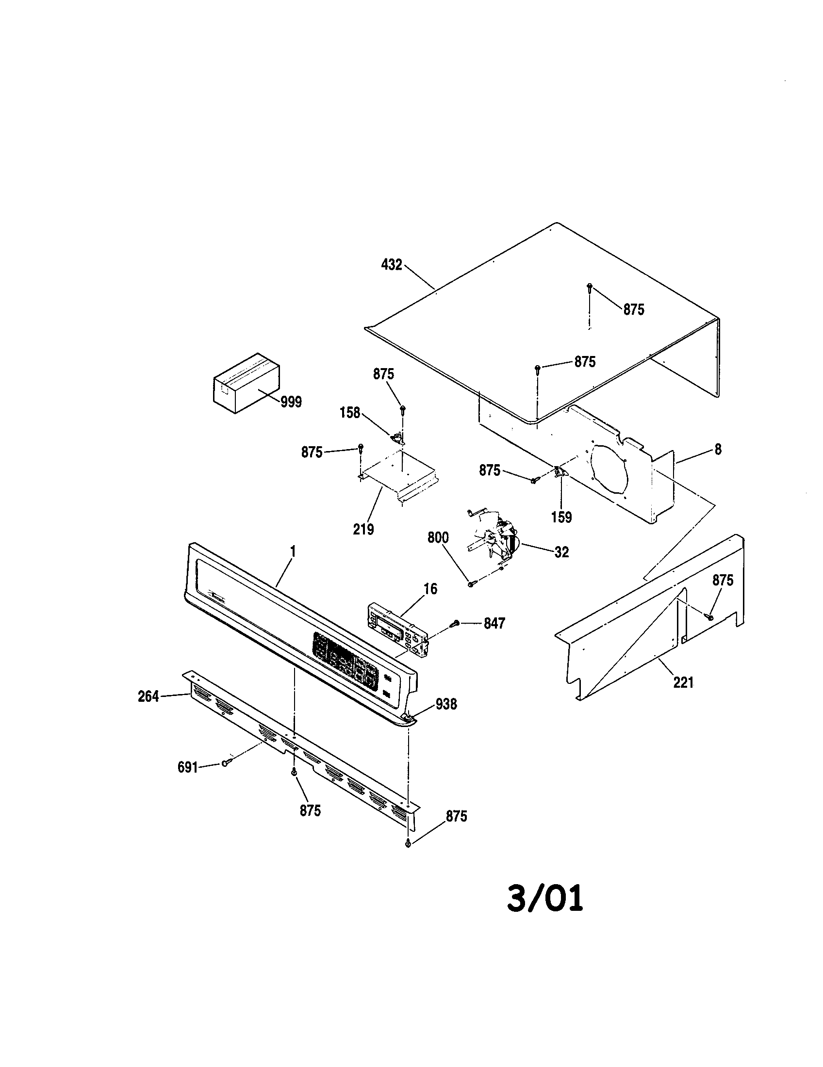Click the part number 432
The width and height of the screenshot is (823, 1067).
pyautogui.click(x=392, y=265)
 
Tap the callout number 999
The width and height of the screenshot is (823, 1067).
pyautogui.click(x=291, y=402)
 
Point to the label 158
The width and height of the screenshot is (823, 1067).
pyautogui.click(x=350, y=413)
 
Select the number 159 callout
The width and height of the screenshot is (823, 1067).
pyautogui.click(x=561, y=517)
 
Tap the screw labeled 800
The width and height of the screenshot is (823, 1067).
pyautogui.click(x=471, y=583)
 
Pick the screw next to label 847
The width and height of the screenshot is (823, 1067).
pyautogui.click(x=455, y=623)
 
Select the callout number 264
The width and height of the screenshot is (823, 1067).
pyautogui.click(x=148, y=696)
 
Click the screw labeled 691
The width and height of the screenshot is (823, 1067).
pyautogui.click(x=225, y=762)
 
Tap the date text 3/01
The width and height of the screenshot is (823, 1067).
pyautogui.click(x=544, y=899)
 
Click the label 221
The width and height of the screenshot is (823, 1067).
pyautogui.click(x=683, y=682)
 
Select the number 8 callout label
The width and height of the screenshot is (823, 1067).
pyautogui.click(x=717, y=450)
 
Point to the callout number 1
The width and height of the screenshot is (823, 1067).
pyautogui.click(x=293, y=551)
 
